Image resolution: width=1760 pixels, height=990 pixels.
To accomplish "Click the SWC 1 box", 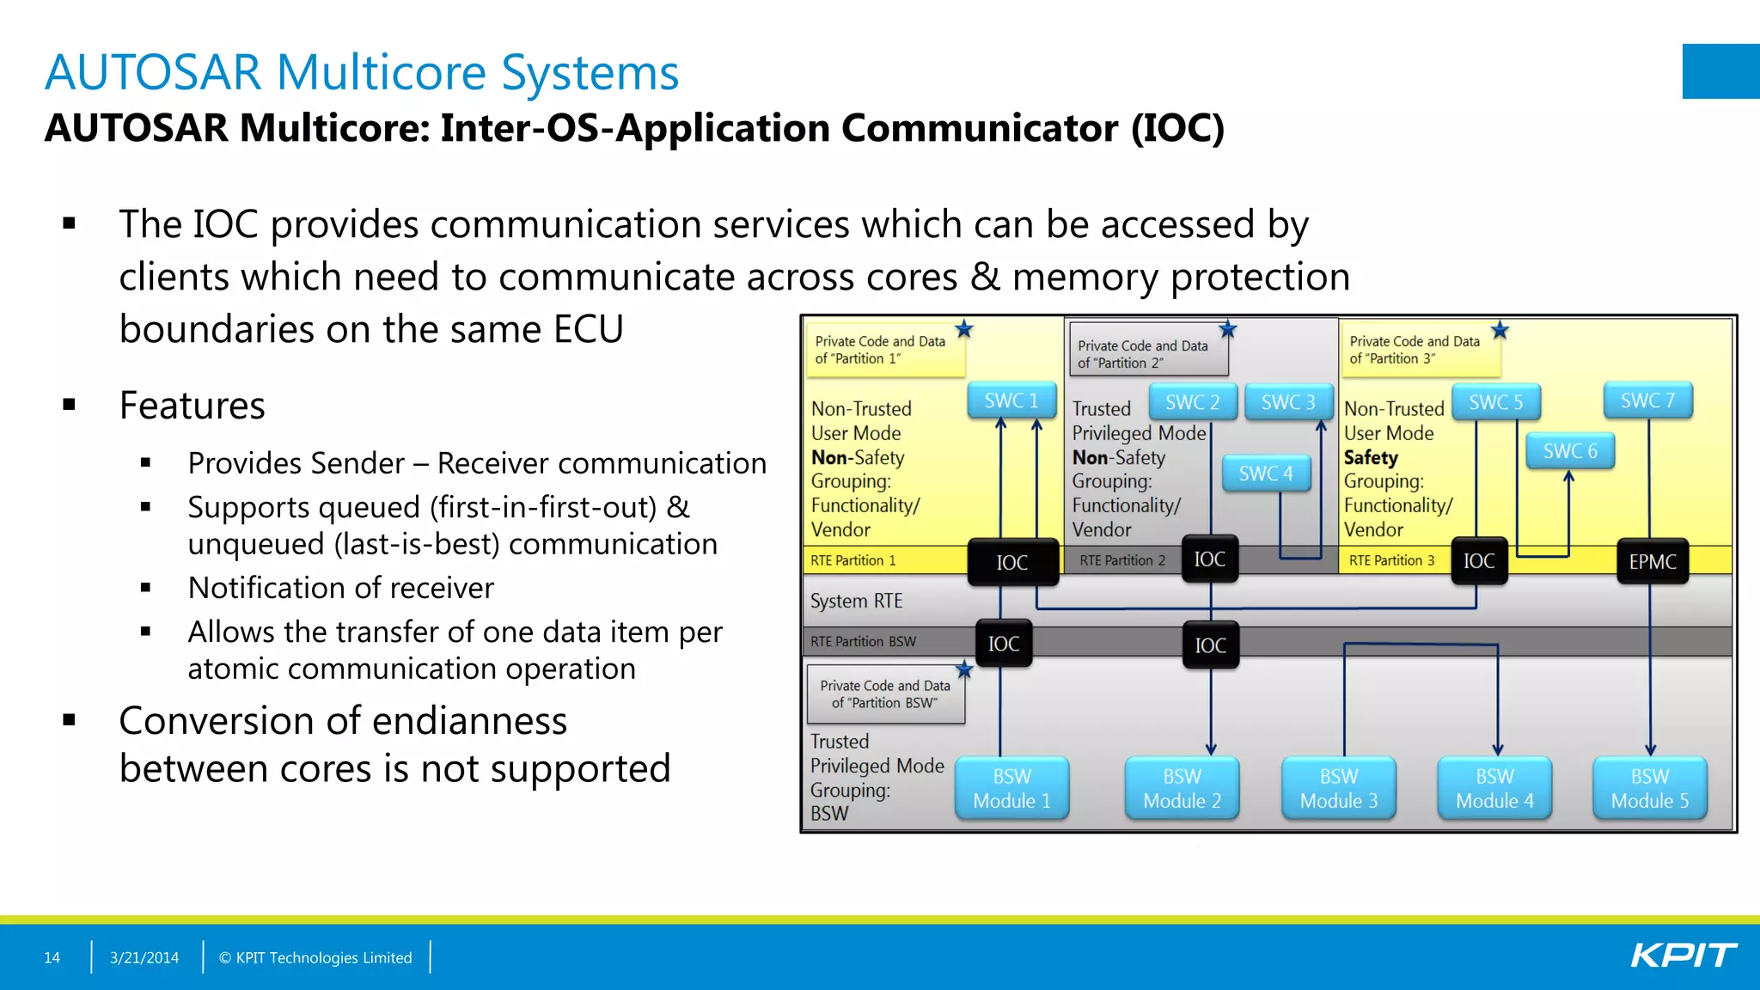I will tap(1011, 400).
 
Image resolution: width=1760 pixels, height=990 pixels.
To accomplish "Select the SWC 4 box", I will tap(1266, 474).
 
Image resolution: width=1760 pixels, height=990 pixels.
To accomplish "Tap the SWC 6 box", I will tap(1570, 451).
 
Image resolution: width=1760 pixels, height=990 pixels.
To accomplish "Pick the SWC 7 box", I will tap(1647, 400).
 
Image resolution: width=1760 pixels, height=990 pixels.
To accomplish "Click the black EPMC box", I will tap(1652, 561).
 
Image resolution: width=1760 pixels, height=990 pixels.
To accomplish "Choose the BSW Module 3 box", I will tap(1338, 788).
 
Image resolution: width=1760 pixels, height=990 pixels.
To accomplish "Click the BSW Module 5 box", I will tap(1649, 788).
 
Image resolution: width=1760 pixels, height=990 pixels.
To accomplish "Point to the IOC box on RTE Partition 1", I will tap(1012, 562).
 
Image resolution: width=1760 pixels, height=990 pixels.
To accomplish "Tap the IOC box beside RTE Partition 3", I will tap(1479, 561).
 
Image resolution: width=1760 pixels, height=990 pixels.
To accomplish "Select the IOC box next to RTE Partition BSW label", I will tap(1004, 644).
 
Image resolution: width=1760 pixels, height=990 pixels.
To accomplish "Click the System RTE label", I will tap(856, 601).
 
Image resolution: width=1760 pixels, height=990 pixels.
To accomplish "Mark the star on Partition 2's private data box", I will tap(1227, 329).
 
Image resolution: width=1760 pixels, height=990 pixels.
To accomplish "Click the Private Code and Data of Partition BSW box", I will tap(885, 694).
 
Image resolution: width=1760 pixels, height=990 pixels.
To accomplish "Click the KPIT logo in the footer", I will tap(1683, 956).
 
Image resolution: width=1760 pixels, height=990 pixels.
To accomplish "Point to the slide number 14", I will tap(52, 957).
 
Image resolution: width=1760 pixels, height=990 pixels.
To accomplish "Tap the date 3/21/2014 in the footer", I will tap(144, 957).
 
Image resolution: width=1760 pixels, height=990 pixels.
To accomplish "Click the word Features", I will tap(192, 406).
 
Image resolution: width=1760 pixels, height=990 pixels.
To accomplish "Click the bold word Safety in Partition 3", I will tap(1371, 457).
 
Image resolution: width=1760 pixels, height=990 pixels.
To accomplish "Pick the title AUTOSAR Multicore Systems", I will tap(362, 72).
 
